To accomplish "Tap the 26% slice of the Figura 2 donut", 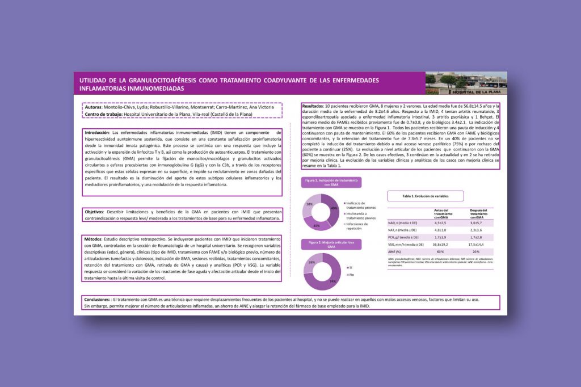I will (310, 262).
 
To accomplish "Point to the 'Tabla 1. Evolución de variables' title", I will (425, 196).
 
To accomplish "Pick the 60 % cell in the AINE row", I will (440, 252).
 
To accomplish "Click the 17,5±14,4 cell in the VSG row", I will (477, 245).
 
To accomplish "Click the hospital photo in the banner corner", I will (466, 83).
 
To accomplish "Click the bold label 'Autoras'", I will (92, 107).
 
